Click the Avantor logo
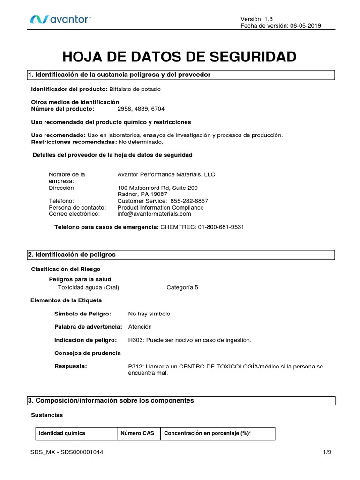[x=60, y=19]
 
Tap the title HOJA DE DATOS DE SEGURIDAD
[x=180, y=57]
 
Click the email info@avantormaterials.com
[x=154, y=214]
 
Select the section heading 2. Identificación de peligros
[x=72, y=255]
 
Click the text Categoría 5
[x=182, y=287]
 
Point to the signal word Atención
[x=140, y=326]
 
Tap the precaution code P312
[x=135, y=366]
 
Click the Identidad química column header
[x=62, y=433]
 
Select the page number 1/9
[x=327, y=452]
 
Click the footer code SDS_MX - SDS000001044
[x=67, y=452]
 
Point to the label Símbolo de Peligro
[x=83, y=314]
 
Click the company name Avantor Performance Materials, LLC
[x=166, y=174]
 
